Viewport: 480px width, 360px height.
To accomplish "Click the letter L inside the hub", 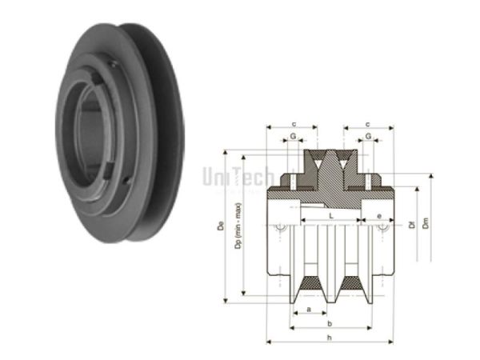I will [x=330, y=217].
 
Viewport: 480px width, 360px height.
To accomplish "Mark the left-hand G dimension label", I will [x=294, y=137].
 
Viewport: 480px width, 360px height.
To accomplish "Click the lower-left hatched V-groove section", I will [x=307, y=286].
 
